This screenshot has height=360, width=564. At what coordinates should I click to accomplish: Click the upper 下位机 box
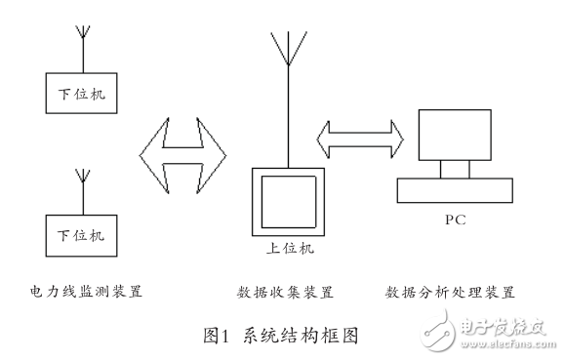point(81,94)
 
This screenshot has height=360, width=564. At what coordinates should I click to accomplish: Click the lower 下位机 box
point(81,235)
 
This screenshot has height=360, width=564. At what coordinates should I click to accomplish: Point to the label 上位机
point(288,250)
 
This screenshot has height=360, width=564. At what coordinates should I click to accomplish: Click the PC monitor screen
point(456,134)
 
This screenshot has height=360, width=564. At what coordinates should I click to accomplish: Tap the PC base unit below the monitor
point(455,188)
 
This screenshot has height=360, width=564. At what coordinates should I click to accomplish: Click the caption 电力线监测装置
point(86,291)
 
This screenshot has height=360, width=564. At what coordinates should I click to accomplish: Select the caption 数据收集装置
point(285,292)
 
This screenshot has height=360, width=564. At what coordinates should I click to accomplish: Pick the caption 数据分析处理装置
point(450,292)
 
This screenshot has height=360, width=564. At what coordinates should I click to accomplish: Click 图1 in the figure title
point(215,336)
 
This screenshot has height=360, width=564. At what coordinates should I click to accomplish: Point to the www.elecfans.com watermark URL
point(510,345)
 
